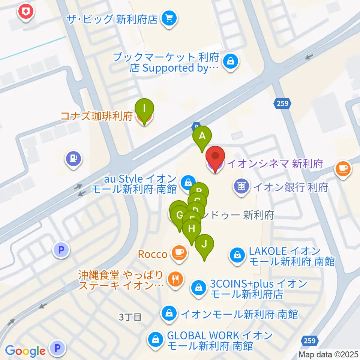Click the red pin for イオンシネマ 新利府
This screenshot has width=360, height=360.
pos(215,158)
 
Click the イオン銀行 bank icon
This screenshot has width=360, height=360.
pos(241,186)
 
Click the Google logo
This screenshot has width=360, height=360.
pos(25,351)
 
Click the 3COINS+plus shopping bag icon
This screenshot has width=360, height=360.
pos(198,288)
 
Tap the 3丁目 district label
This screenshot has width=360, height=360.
pos(130,317)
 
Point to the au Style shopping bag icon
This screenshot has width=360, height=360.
pos(186,183)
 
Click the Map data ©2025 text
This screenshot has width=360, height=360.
pos(328,354)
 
